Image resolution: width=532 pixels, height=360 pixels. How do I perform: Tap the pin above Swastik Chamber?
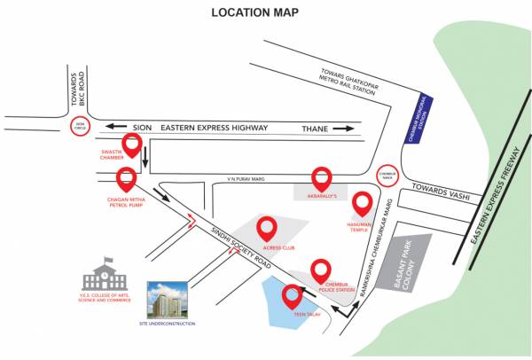pos(132,145)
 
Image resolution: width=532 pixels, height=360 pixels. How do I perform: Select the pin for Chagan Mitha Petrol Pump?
pos(127,178)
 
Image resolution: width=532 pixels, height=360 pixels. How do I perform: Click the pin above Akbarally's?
pos(321,178)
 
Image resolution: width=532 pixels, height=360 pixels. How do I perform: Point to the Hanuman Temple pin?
pos(362,203)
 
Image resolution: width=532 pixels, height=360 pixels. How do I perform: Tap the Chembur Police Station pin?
pos(321,270)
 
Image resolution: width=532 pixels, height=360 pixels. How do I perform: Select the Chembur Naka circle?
pos(385,176)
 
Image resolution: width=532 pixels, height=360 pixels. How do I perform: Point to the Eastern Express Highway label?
pos(213,128)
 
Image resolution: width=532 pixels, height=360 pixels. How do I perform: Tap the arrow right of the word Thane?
pos(342,129)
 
